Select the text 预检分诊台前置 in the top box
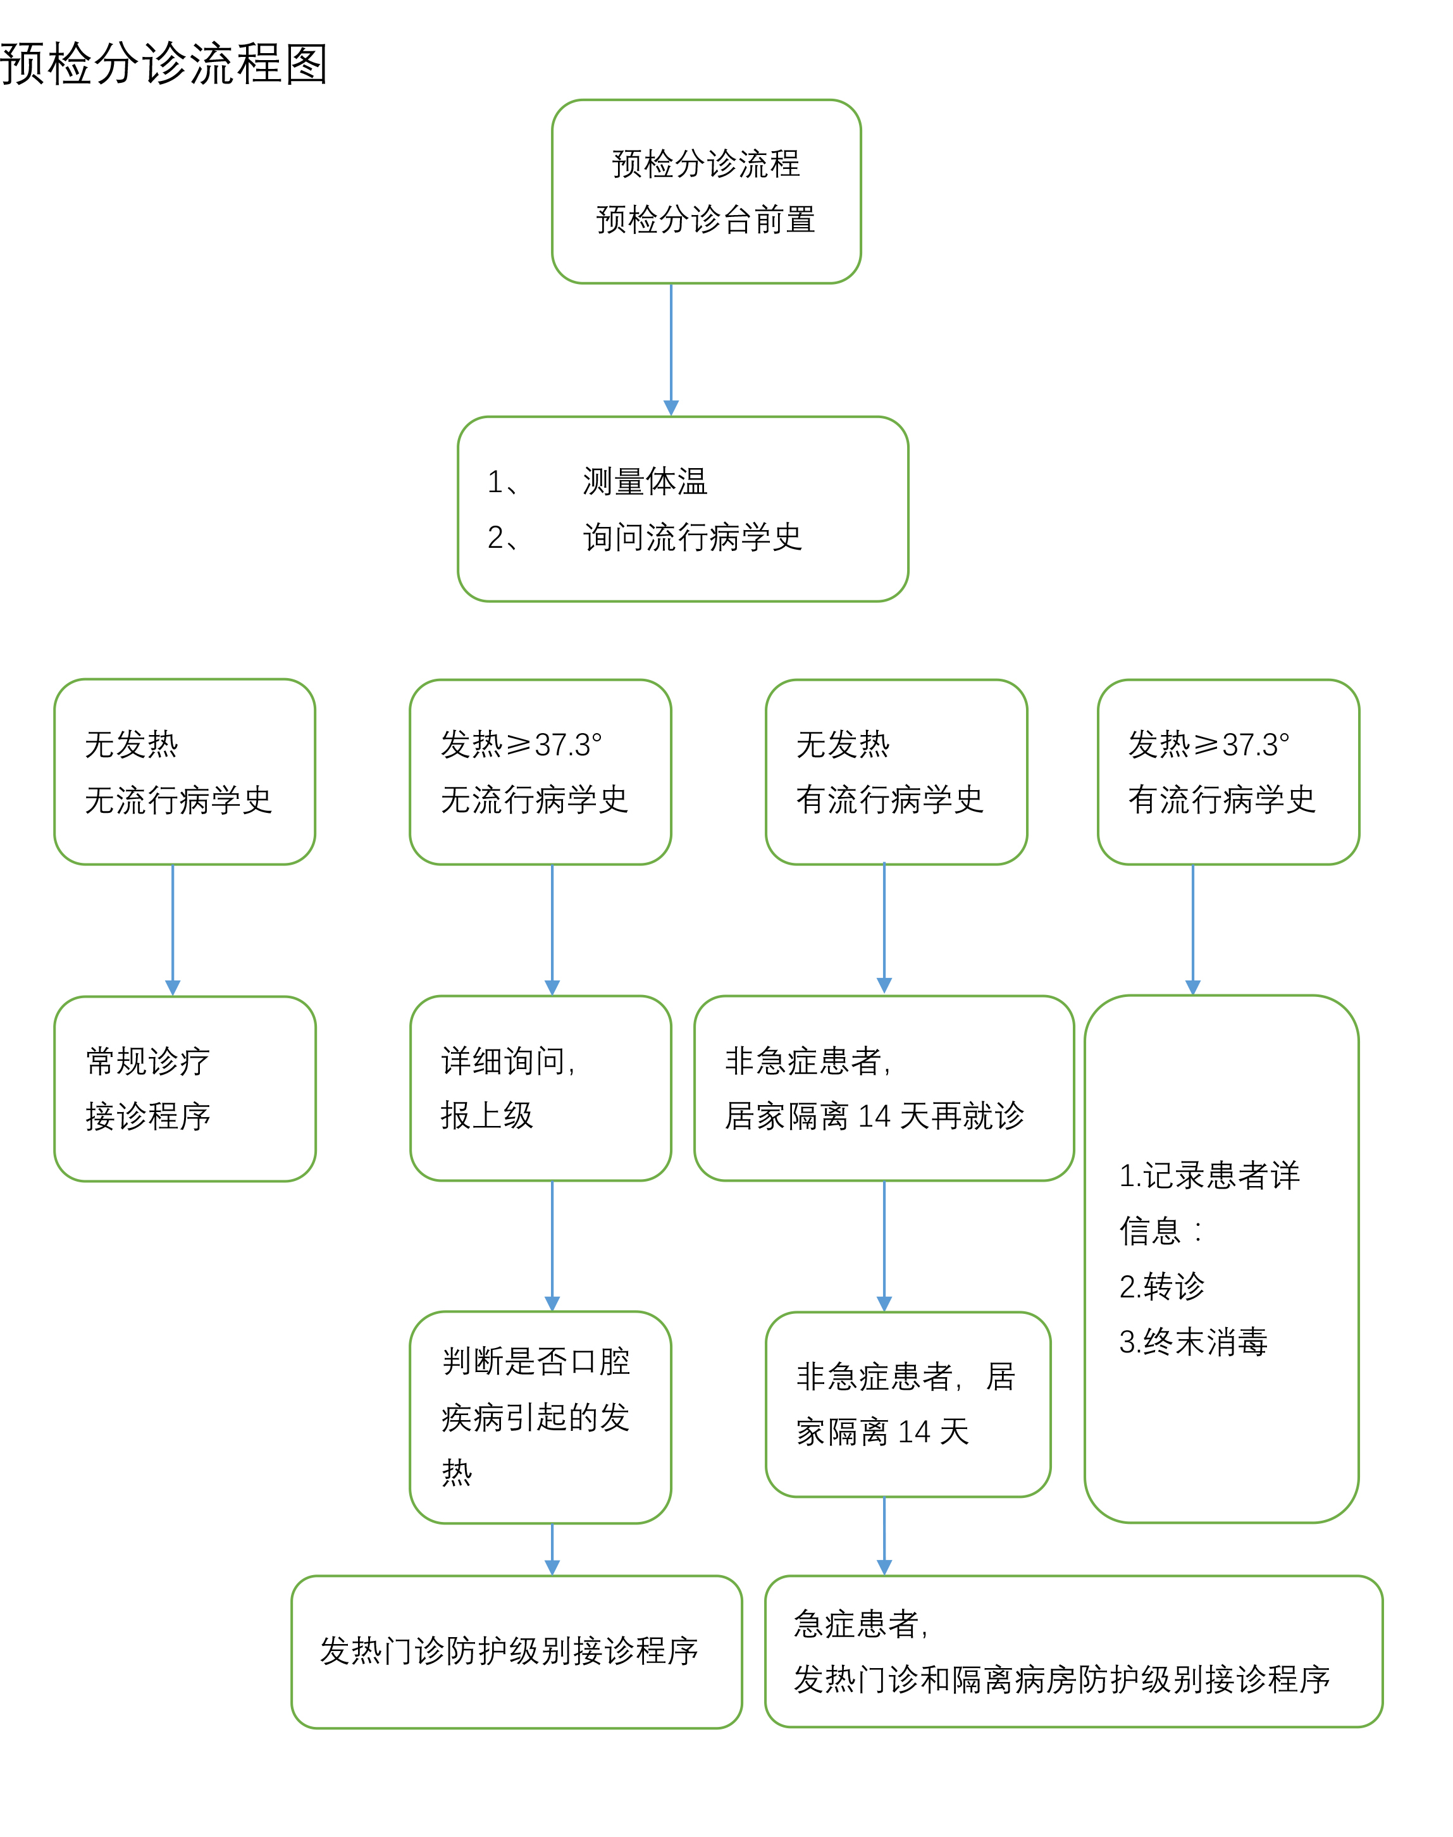(705, 220)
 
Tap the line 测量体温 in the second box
(645, 481)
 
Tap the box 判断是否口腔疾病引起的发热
(540, 1417)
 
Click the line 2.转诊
(1161, 1287)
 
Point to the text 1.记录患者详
(1209, 1175)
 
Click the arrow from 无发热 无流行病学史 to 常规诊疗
(173, 929)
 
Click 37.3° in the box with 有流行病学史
(1256, 745)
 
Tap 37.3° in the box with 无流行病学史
(567, 745)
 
